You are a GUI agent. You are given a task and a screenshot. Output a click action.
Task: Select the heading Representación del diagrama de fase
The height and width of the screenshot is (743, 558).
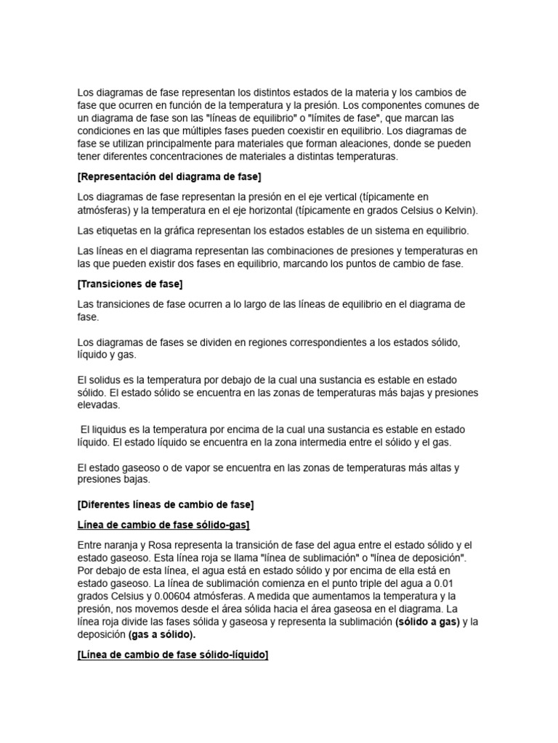pyautogui.click(x=169, y=177)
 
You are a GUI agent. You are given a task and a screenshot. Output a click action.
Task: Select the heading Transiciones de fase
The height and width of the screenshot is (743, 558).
pyautogui.click(x=129, y=284)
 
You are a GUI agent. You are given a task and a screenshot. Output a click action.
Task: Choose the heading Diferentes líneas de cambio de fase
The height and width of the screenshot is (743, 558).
pyautogui.click(x=165, y=504)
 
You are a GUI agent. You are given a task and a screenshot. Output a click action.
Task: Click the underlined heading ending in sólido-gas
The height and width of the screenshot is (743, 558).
pyautogui.click(x=163, y=524)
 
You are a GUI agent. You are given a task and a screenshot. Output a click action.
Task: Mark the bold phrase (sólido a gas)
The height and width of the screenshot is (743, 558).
pyautogui.click(x=427, y=623)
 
